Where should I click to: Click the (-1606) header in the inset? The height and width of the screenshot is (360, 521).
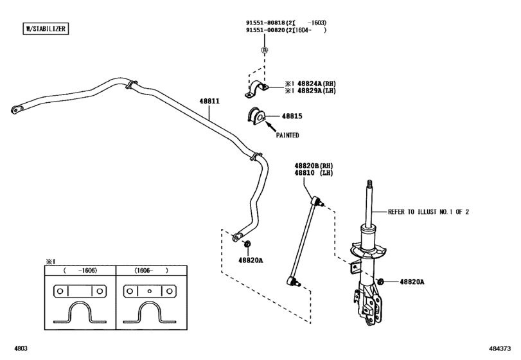(x=80, y=271)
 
